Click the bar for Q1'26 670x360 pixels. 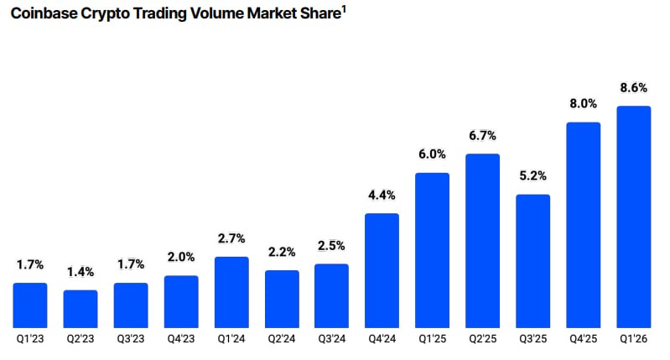click(633, 217)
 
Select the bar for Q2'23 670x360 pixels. click(81, 309)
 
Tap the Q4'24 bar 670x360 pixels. click(382, 271)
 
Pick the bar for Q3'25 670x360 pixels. click(532, 261)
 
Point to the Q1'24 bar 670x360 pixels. click(231, 292)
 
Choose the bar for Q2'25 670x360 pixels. click(482, 241)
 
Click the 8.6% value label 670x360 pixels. click(634, 87)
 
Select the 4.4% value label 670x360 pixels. click(382, 195)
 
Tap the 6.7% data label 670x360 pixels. click(482, 136)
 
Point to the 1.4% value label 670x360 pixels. click(81, 272)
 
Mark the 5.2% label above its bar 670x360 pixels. click(532, 175)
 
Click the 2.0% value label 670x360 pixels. click(181, 257)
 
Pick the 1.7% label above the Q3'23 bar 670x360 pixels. click(131, 264)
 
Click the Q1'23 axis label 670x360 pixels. click(30, 339)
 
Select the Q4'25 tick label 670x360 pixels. click(584, 339)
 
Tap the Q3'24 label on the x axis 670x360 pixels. click(332, 339)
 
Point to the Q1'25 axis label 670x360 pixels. click(432, 339)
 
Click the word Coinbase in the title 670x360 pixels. click(44, 13)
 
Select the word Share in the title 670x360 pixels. click(320, 13)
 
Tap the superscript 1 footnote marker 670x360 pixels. click(344, 8)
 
